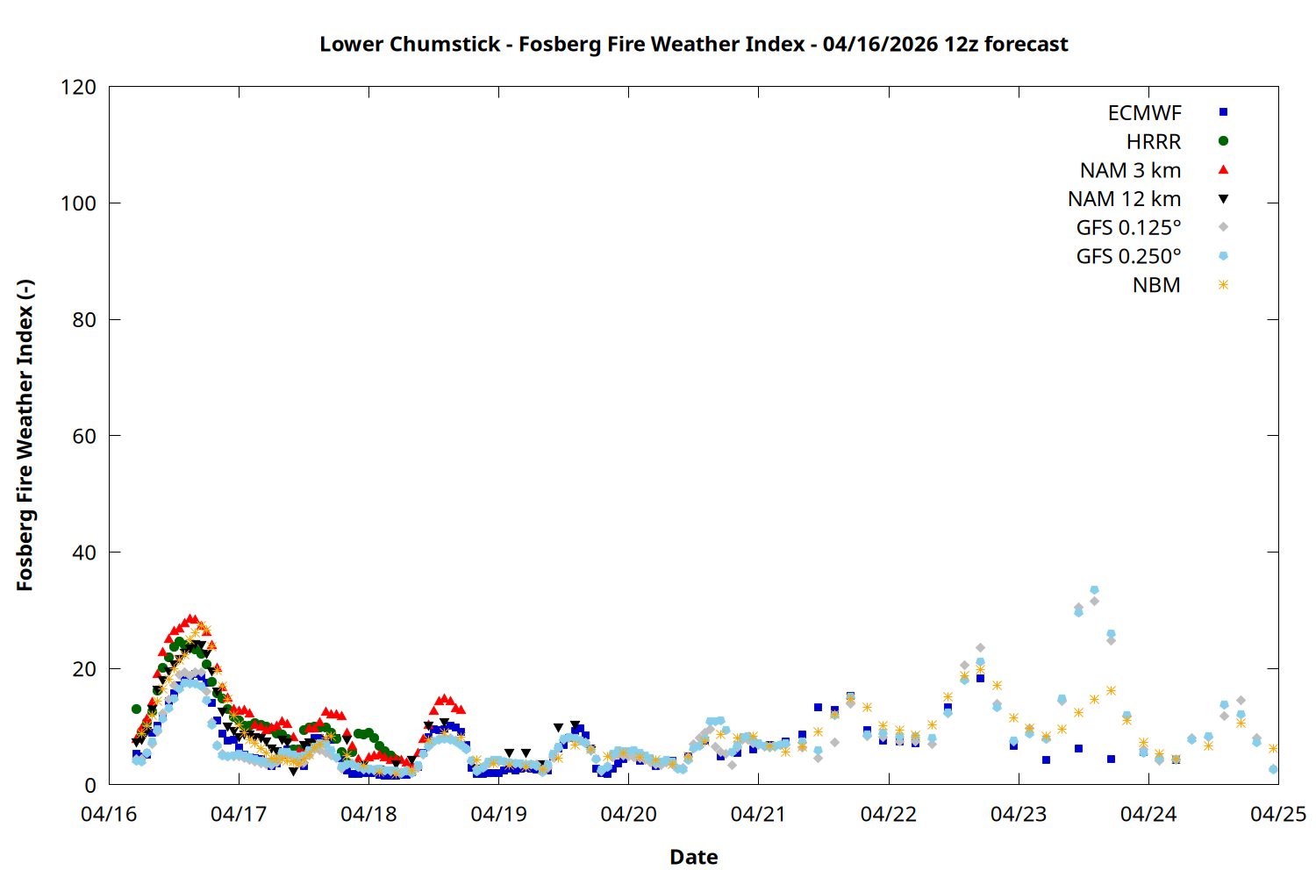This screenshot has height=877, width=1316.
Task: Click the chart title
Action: click(x=693, y=44)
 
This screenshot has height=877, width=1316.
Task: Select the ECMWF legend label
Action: click(x=1144, y=113)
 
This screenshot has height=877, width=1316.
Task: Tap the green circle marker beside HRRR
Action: click(x=1223, y=141)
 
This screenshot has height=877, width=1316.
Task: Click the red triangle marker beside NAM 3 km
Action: click(x=1223, y=169)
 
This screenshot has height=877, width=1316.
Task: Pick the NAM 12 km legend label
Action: click(x=1124, y=199)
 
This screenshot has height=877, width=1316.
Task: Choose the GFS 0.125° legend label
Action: click(x=1128, y=228)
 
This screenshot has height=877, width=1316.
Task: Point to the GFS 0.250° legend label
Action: click(x=1128, y=257)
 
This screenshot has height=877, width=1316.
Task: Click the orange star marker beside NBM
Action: click(x=1223, y=285)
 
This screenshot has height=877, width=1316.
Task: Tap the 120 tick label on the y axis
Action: click(x=79, y=87)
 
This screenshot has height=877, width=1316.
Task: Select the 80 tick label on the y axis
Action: click(x=84, y=320)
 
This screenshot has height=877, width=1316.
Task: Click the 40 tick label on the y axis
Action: click(x=84, y=553)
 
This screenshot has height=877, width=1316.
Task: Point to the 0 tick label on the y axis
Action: click(x=90, y=786)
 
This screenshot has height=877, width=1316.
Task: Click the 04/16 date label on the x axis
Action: click(x=109, y=815)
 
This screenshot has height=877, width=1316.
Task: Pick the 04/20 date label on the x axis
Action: click(x=628, y=815)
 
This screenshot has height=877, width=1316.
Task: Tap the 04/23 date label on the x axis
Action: click(x=1019, y=815)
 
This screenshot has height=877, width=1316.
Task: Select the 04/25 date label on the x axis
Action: click(x=1278, y=815)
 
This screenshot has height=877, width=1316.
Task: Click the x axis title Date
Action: click(x=693, y=857)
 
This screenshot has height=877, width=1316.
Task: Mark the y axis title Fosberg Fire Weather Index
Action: click(x=25, y=436)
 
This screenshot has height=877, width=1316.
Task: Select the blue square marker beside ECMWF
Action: click(x=1223, y=112)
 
